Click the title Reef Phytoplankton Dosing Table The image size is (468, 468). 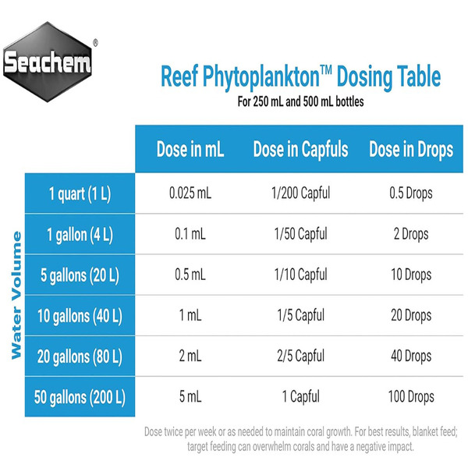tap(300, 78)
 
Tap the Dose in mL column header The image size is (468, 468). tap(192, 150)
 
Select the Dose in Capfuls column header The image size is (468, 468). tap(300, 150)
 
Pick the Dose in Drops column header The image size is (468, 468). tap(409, 150)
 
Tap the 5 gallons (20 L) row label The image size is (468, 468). tap(79, 275)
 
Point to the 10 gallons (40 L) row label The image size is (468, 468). tap(79, 316)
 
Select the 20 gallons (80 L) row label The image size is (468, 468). tap(79, 356)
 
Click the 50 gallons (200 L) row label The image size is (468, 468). tap(79, 397)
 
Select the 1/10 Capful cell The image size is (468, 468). tap(301, 275)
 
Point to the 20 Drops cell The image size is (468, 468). tap(409, 316)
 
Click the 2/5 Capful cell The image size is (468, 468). tap(301, 356)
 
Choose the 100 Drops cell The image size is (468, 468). tap(409, 397)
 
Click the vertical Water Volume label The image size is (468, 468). tap(16, 296)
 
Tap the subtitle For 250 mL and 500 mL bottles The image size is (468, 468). tap(300, 101)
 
